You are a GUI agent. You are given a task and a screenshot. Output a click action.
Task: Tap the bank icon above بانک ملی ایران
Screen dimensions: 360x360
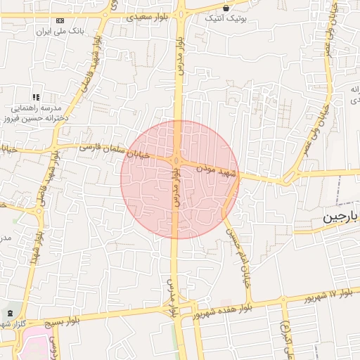point(60,21)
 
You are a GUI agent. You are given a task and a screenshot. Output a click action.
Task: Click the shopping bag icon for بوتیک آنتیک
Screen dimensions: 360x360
point(226,8)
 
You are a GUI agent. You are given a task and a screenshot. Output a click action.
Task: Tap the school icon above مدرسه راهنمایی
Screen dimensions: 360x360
point(35,97)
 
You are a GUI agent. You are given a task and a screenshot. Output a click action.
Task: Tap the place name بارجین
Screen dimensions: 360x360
point(340,219)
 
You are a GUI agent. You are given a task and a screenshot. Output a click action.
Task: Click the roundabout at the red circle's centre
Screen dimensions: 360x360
point(177,161)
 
